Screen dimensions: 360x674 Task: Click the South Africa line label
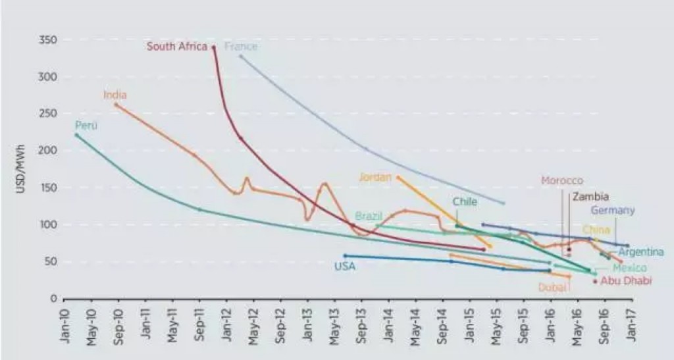(177, 47)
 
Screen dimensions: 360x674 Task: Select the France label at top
(241, 47)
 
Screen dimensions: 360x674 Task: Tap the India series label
(115, 95)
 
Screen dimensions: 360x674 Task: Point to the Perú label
(86, 125)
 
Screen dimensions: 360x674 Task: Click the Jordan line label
(376, 177)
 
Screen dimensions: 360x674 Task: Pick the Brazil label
(369, 216)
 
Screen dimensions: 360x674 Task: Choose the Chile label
(465, 202)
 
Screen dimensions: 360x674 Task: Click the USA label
(345, 267)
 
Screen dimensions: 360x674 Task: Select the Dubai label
(552, 287)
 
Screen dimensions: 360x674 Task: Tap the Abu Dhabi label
(627, 281)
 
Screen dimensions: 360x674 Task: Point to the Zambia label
(590, 196)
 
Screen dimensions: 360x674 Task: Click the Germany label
(613, 211)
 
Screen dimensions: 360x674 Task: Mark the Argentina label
(641, 252)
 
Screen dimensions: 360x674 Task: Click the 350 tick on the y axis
(50, 40)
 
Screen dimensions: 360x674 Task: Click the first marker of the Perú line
(76, 135)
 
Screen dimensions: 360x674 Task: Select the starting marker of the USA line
(345, 255)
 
